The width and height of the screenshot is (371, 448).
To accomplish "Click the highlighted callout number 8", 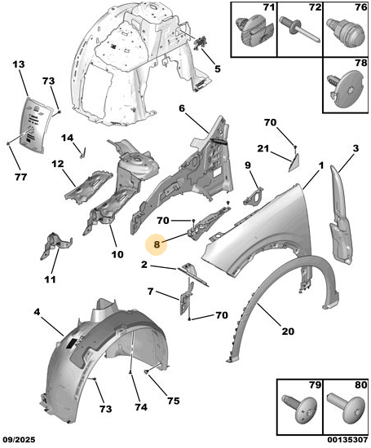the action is pos(157,244).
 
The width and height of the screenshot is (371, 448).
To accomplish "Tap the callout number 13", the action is pos(19,64).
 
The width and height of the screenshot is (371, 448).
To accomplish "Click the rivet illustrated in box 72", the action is pos(300,30).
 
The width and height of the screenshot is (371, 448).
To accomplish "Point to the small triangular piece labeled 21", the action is pos(294,162).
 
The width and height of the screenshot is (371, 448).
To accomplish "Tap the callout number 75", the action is pos(174,401).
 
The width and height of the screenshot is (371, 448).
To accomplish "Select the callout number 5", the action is pos(218,69).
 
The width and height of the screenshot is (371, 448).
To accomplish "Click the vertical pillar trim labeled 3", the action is pos(341,214).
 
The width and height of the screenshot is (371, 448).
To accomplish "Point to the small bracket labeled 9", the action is pos(254,196).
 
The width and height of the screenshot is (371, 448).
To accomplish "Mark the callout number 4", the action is pos(38,312).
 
